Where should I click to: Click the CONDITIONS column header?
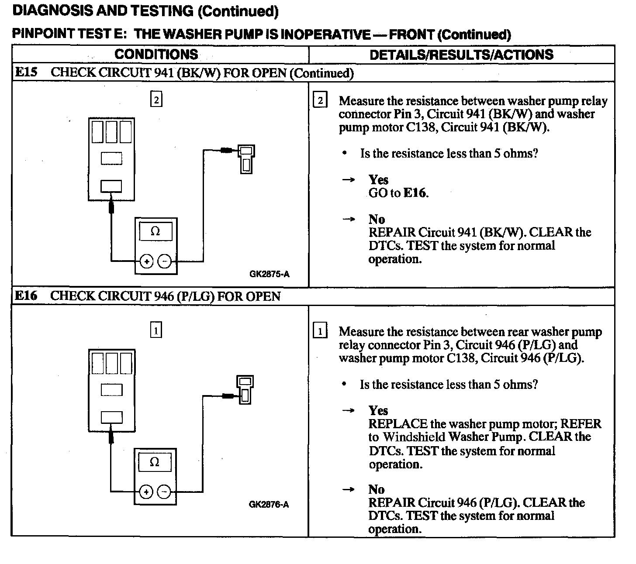(x=156, y=55)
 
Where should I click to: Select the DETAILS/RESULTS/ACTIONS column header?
(x=461, y=55)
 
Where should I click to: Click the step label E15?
(x=26, y=72)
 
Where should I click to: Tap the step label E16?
(x=26, y=296)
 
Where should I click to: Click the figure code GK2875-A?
(x=269, y=274)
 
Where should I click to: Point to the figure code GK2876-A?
(x=269, y=505)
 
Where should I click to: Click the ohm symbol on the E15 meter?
(x=155, y=231)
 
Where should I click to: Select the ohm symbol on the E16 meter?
(x=154, y=462)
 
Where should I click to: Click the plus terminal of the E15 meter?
(x=146, y=261)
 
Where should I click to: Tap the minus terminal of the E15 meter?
(x=165, y=261)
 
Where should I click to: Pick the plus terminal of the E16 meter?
(x=146, y=492)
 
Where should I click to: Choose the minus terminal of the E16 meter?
(x=164, y=492)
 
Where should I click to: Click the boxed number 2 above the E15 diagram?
(x=156, y=100)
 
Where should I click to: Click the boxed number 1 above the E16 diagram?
(x=156, y=330)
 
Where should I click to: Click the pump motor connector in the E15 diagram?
(x=246, y=159)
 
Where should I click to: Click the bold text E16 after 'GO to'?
(x=415, y=193)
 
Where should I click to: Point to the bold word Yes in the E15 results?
(x=378, y=180)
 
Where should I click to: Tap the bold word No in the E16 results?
(x=376, y=489)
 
